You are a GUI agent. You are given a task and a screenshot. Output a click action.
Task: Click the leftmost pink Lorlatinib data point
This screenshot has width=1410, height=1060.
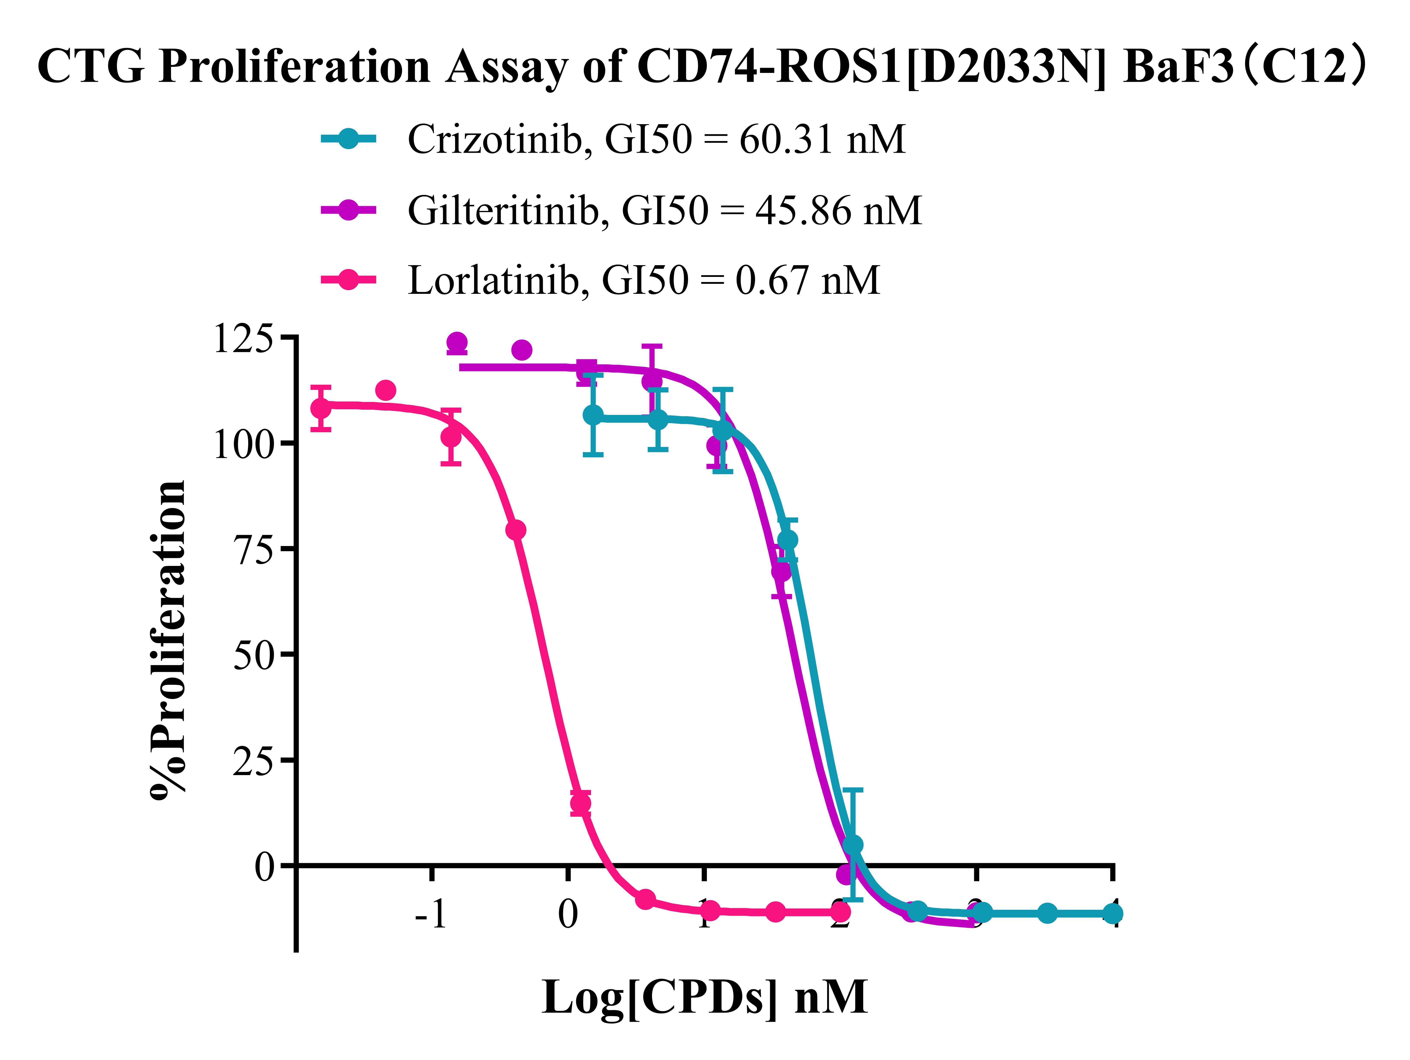click(x=321, y=408)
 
